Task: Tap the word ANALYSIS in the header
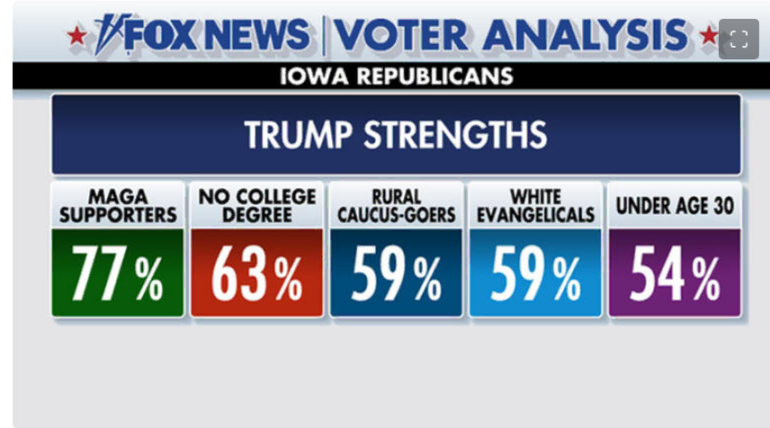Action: point(584,35)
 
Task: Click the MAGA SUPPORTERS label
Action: point(117,205)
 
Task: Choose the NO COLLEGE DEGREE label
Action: point(256,205)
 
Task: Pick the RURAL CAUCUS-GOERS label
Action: point(396,205)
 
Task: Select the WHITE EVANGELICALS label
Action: point(535,205)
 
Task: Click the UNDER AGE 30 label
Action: point(675,206)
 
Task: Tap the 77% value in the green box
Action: point(117,273)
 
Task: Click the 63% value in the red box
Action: point(256,273)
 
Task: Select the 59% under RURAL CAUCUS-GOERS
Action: point(396,273)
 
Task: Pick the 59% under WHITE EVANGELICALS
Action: point(535,273)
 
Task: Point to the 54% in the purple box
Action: point(675,273)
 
